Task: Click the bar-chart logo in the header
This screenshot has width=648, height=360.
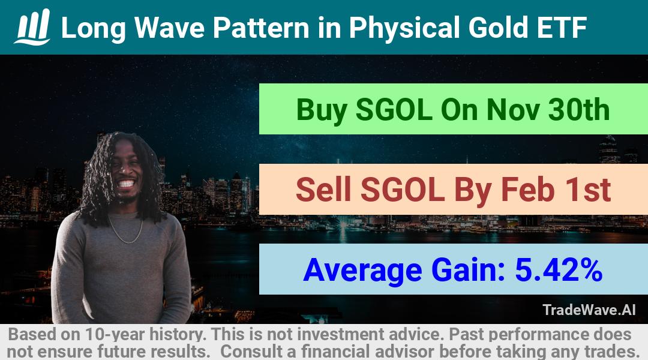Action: (32, 27)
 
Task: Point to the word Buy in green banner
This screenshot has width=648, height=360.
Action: (322, 110)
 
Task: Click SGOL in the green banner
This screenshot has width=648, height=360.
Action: (394, 110)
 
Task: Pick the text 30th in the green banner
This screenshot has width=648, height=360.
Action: (578, 110)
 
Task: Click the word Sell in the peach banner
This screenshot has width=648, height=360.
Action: (323, 190)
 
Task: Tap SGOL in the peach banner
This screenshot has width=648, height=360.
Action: (402, 190)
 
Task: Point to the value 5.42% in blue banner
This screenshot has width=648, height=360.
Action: (559, 270)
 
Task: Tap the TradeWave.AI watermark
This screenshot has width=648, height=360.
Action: (589, 310)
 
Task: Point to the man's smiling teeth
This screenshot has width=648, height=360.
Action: (127, 184)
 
